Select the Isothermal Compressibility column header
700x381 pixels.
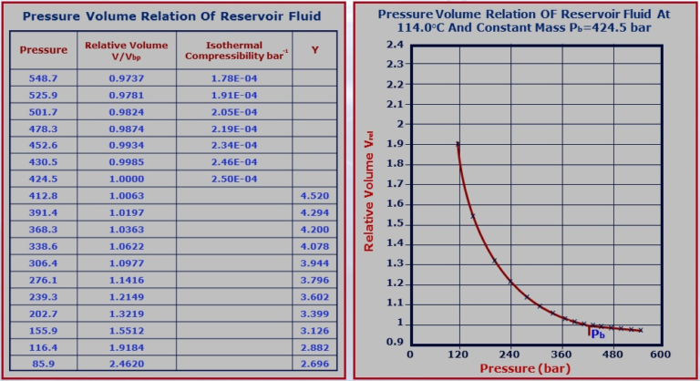click(234, 50)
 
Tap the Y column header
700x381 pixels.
click(314, 50)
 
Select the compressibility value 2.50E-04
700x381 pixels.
click(234, 179)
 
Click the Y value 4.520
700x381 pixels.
click(314, 195)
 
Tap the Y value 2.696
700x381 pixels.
click(314, 364)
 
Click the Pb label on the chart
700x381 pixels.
click(598, 334)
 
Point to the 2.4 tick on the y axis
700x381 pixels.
click(395, 44)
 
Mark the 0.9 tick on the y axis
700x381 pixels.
click(395, 342)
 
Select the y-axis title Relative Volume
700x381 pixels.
click(370, 191)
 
